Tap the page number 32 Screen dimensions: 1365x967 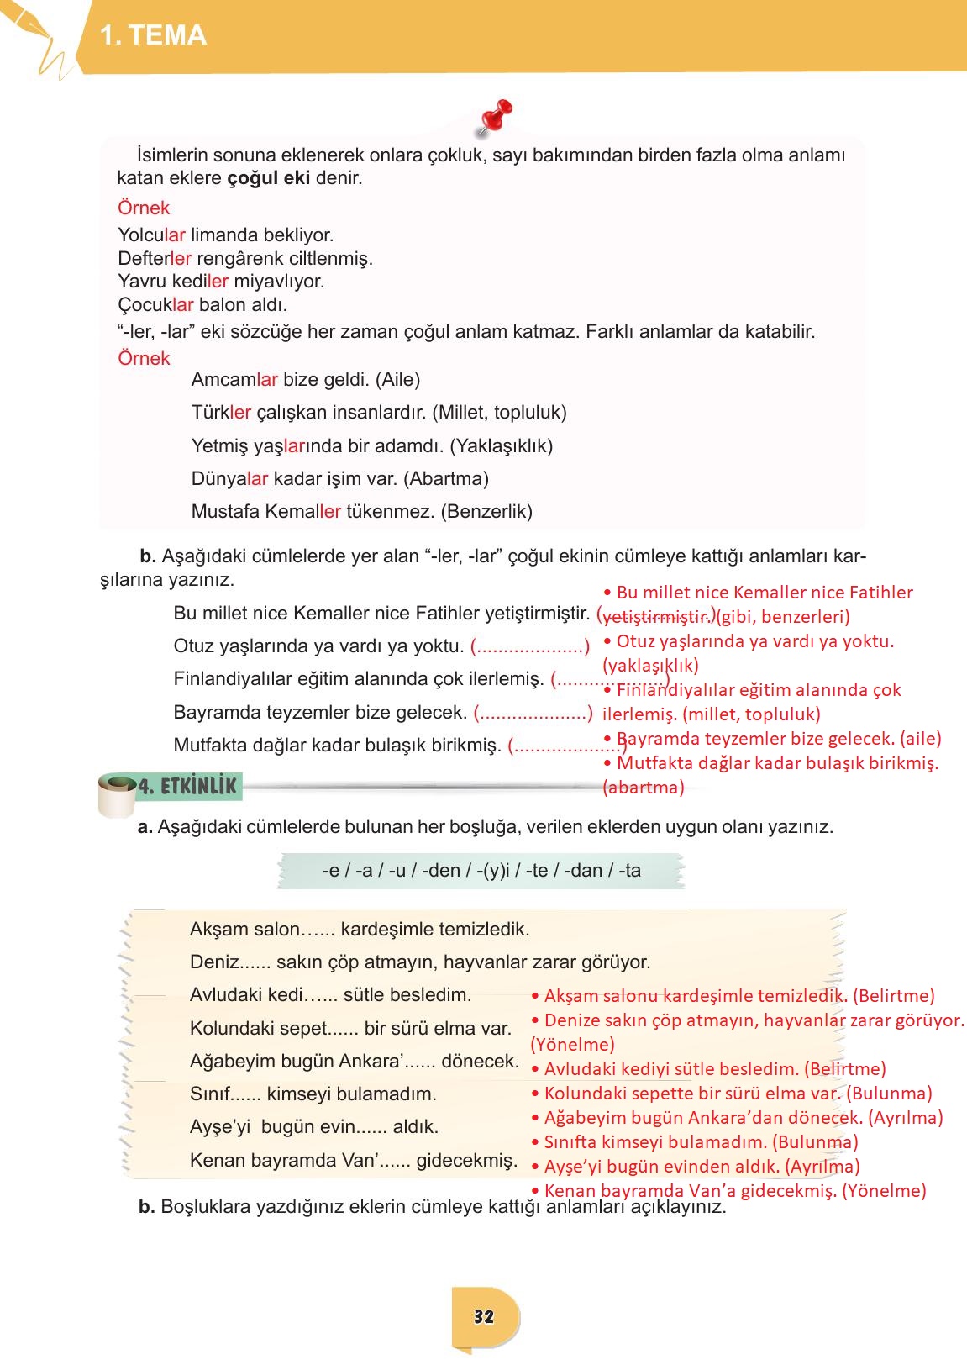(484, 1316)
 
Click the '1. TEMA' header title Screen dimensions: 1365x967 (153, 35)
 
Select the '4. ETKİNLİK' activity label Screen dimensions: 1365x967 (187, 787)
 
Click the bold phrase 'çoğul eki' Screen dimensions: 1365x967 (268, 178)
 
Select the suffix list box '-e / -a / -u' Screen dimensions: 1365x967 (481, 871)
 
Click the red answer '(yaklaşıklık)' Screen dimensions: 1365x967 (650, 666)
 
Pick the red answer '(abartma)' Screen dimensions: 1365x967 (644, 788)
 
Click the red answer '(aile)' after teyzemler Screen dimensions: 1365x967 (920, 739)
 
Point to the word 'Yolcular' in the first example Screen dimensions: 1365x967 (151, 235)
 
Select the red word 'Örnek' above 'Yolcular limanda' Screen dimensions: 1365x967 (144, 208)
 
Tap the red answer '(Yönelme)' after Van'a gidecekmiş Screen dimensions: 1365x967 (884, 1191)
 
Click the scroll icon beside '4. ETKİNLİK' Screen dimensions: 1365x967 (116, 794)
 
